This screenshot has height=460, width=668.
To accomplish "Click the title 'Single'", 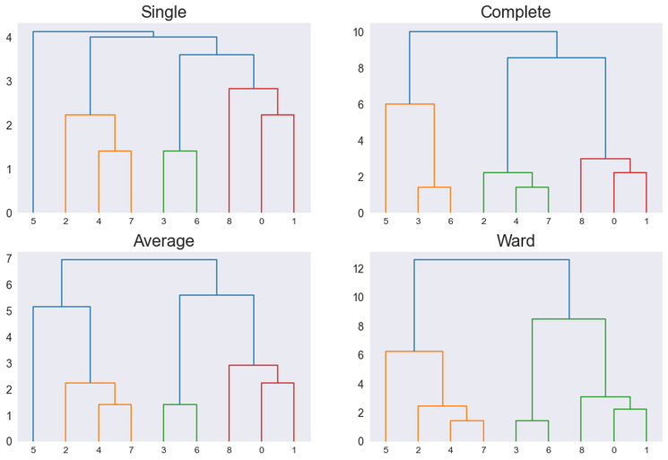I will pos(164,12).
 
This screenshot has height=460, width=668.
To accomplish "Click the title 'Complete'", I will pos(516,12).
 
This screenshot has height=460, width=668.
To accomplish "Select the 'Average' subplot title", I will pos(164,240).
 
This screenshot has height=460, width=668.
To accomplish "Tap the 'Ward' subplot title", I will pos(516,240).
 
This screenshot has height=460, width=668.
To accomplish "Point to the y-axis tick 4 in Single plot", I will pos(8,38).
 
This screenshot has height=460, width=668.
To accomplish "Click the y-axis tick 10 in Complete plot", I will pos(357,32).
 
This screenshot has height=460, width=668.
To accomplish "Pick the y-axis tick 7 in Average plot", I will pos(8,259).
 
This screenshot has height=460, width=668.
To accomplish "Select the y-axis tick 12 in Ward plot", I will pos(357,268).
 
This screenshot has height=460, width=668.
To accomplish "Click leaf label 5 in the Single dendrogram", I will pos(33,221).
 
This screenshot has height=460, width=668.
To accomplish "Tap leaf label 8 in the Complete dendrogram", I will pos(581,221).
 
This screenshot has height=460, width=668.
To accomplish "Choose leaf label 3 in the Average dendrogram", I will pos(163,449).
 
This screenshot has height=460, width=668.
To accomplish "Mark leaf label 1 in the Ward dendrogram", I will pos(646,449).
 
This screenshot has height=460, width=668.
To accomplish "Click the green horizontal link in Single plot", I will pos(179,152).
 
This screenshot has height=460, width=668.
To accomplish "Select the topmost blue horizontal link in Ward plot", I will pos(491,260).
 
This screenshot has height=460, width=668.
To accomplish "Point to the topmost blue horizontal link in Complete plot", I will pos(483,32).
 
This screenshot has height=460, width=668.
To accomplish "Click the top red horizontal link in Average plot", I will pos(253,366).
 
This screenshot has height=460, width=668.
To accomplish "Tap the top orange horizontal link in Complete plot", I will pos(410,105).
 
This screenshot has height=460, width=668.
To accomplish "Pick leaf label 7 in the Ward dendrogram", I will pos(483,449).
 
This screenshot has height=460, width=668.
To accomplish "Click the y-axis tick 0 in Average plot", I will pos(8,441).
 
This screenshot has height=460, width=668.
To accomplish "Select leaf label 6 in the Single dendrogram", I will pos(196,221).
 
